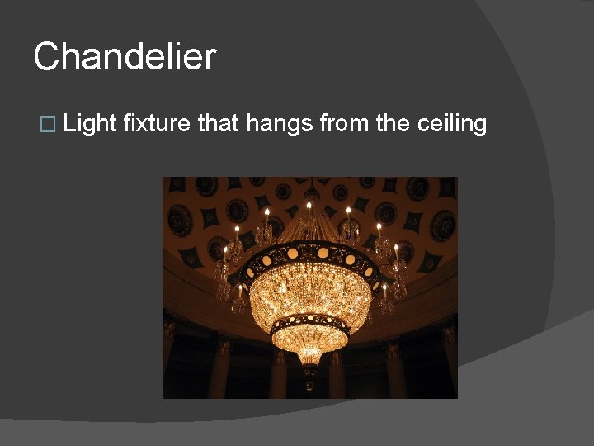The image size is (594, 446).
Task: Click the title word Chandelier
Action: [x=125, y=58]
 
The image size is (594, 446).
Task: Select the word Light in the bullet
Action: [x=89, y=124]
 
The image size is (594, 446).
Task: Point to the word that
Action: [x=219, y=124]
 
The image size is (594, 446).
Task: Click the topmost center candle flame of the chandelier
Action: [x=309, y=204]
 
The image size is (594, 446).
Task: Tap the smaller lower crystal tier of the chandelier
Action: [x=309, y=340]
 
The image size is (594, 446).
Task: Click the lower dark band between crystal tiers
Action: [x=309, y=320]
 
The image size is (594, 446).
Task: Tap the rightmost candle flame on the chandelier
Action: [x=396, y=247]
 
